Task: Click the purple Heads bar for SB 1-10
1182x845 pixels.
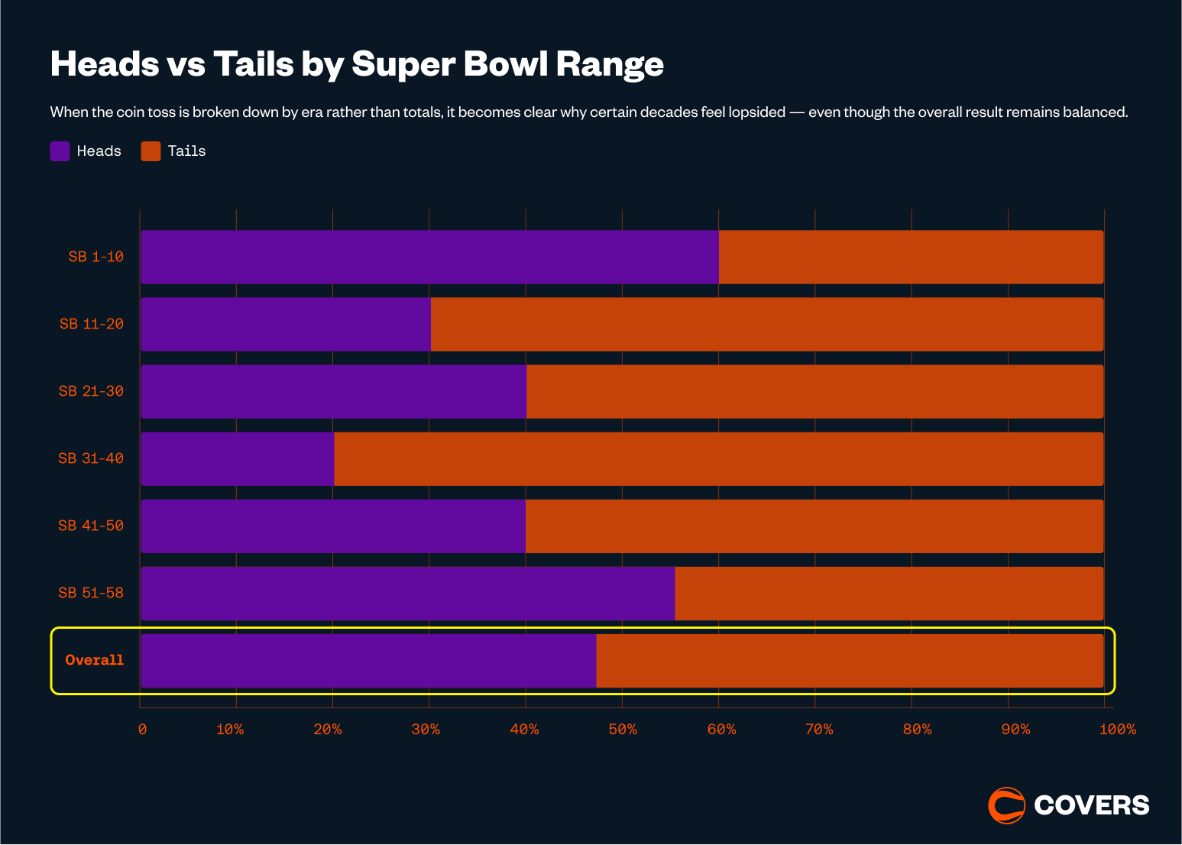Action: click(x=429, y=257)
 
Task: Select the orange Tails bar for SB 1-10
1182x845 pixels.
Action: click(x=911, y=257)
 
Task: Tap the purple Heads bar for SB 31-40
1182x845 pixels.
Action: click(x=238, y=458)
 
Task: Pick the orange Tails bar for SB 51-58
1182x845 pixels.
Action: click(x=889, y=593)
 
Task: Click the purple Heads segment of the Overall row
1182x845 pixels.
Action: click(x=368, y=660)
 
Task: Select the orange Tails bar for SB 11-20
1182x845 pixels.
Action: click(x=766, y=324)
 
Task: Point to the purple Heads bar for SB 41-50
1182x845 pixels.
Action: click(x=333, y=526)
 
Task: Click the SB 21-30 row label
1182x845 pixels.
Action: click(x=91, y=391)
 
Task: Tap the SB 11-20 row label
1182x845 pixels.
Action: click(x=92, y=324)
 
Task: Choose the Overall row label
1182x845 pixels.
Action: click(x=94, y=660)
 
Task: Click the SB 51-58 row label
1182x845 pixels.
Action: click(x=91, y=593)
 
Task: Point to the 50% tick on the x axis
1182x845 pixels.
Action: click(x=623, y=730)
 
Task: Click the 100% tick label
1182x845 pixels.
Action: click(x=1117, y=730)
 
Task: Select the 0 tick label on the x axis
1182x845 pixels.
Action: click(x=142, y=730)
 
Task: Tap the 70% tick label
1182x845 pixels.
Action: click(x=819, y=730)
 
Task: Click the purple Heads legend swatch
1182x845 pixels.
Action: click(x=60, y=151)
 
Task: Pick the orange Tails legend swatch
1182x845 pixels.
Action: click(x=151, y=151)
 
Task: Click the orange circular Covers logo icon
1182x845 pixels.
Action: click(x=1006, y=805)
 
